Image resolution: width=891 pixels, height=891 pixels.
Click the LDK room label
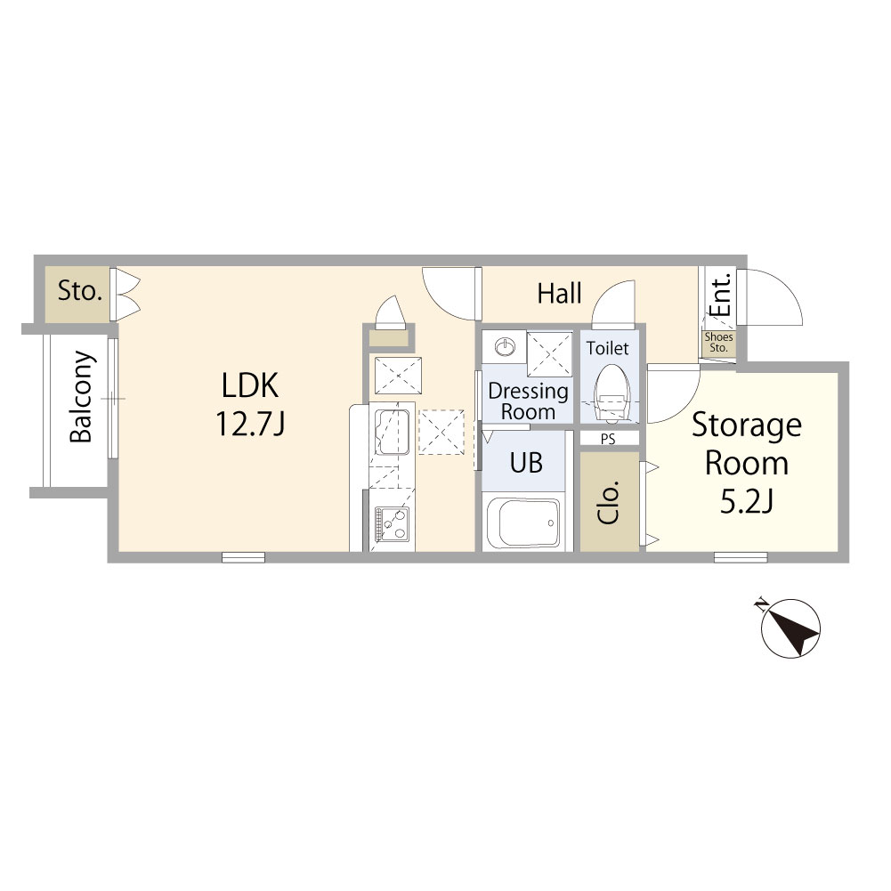coord(250,385)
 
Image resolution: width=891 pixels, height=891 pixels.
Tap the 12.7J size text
coord(250,424)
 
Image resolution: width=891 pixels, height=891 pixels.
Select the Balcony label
coord(81,397)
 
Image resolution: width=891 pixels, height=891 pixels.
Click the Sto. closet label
coord(79,291)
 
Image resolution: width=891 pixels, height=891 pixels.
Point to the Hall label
coord(560,294)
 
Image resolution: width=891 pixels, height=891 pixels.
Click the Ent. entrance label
coord(720,295)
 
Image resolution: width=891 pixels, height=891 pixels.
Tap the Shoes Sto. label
coord(719,342)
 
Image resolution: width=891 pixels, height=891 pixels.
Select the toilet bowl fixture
coord(612,393)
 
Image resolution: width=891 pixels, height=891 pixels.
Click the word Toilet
coord(607,348)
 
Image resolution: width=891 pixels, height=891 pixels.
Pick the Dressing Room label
coord(528,401)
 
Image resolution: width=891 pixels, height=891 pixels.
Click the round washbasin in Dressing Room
coord(506,346)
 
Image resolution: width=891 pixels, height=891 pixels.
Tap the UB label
coord(526,463)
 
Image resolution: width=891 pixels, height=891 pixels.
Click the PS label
coord(608,439)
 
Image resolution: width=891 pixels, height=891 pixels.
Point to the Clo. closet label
coord(609,502)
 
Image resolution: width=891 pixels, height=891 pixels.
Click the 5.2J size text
coord(747,501)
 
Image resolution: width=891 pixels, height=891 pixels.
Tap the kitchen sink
coord(392,432)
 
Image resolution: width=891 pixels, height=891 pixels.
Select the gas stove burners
coord(392,523)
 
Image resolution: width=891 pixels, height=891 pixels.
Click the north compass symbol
coord(790,628)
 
